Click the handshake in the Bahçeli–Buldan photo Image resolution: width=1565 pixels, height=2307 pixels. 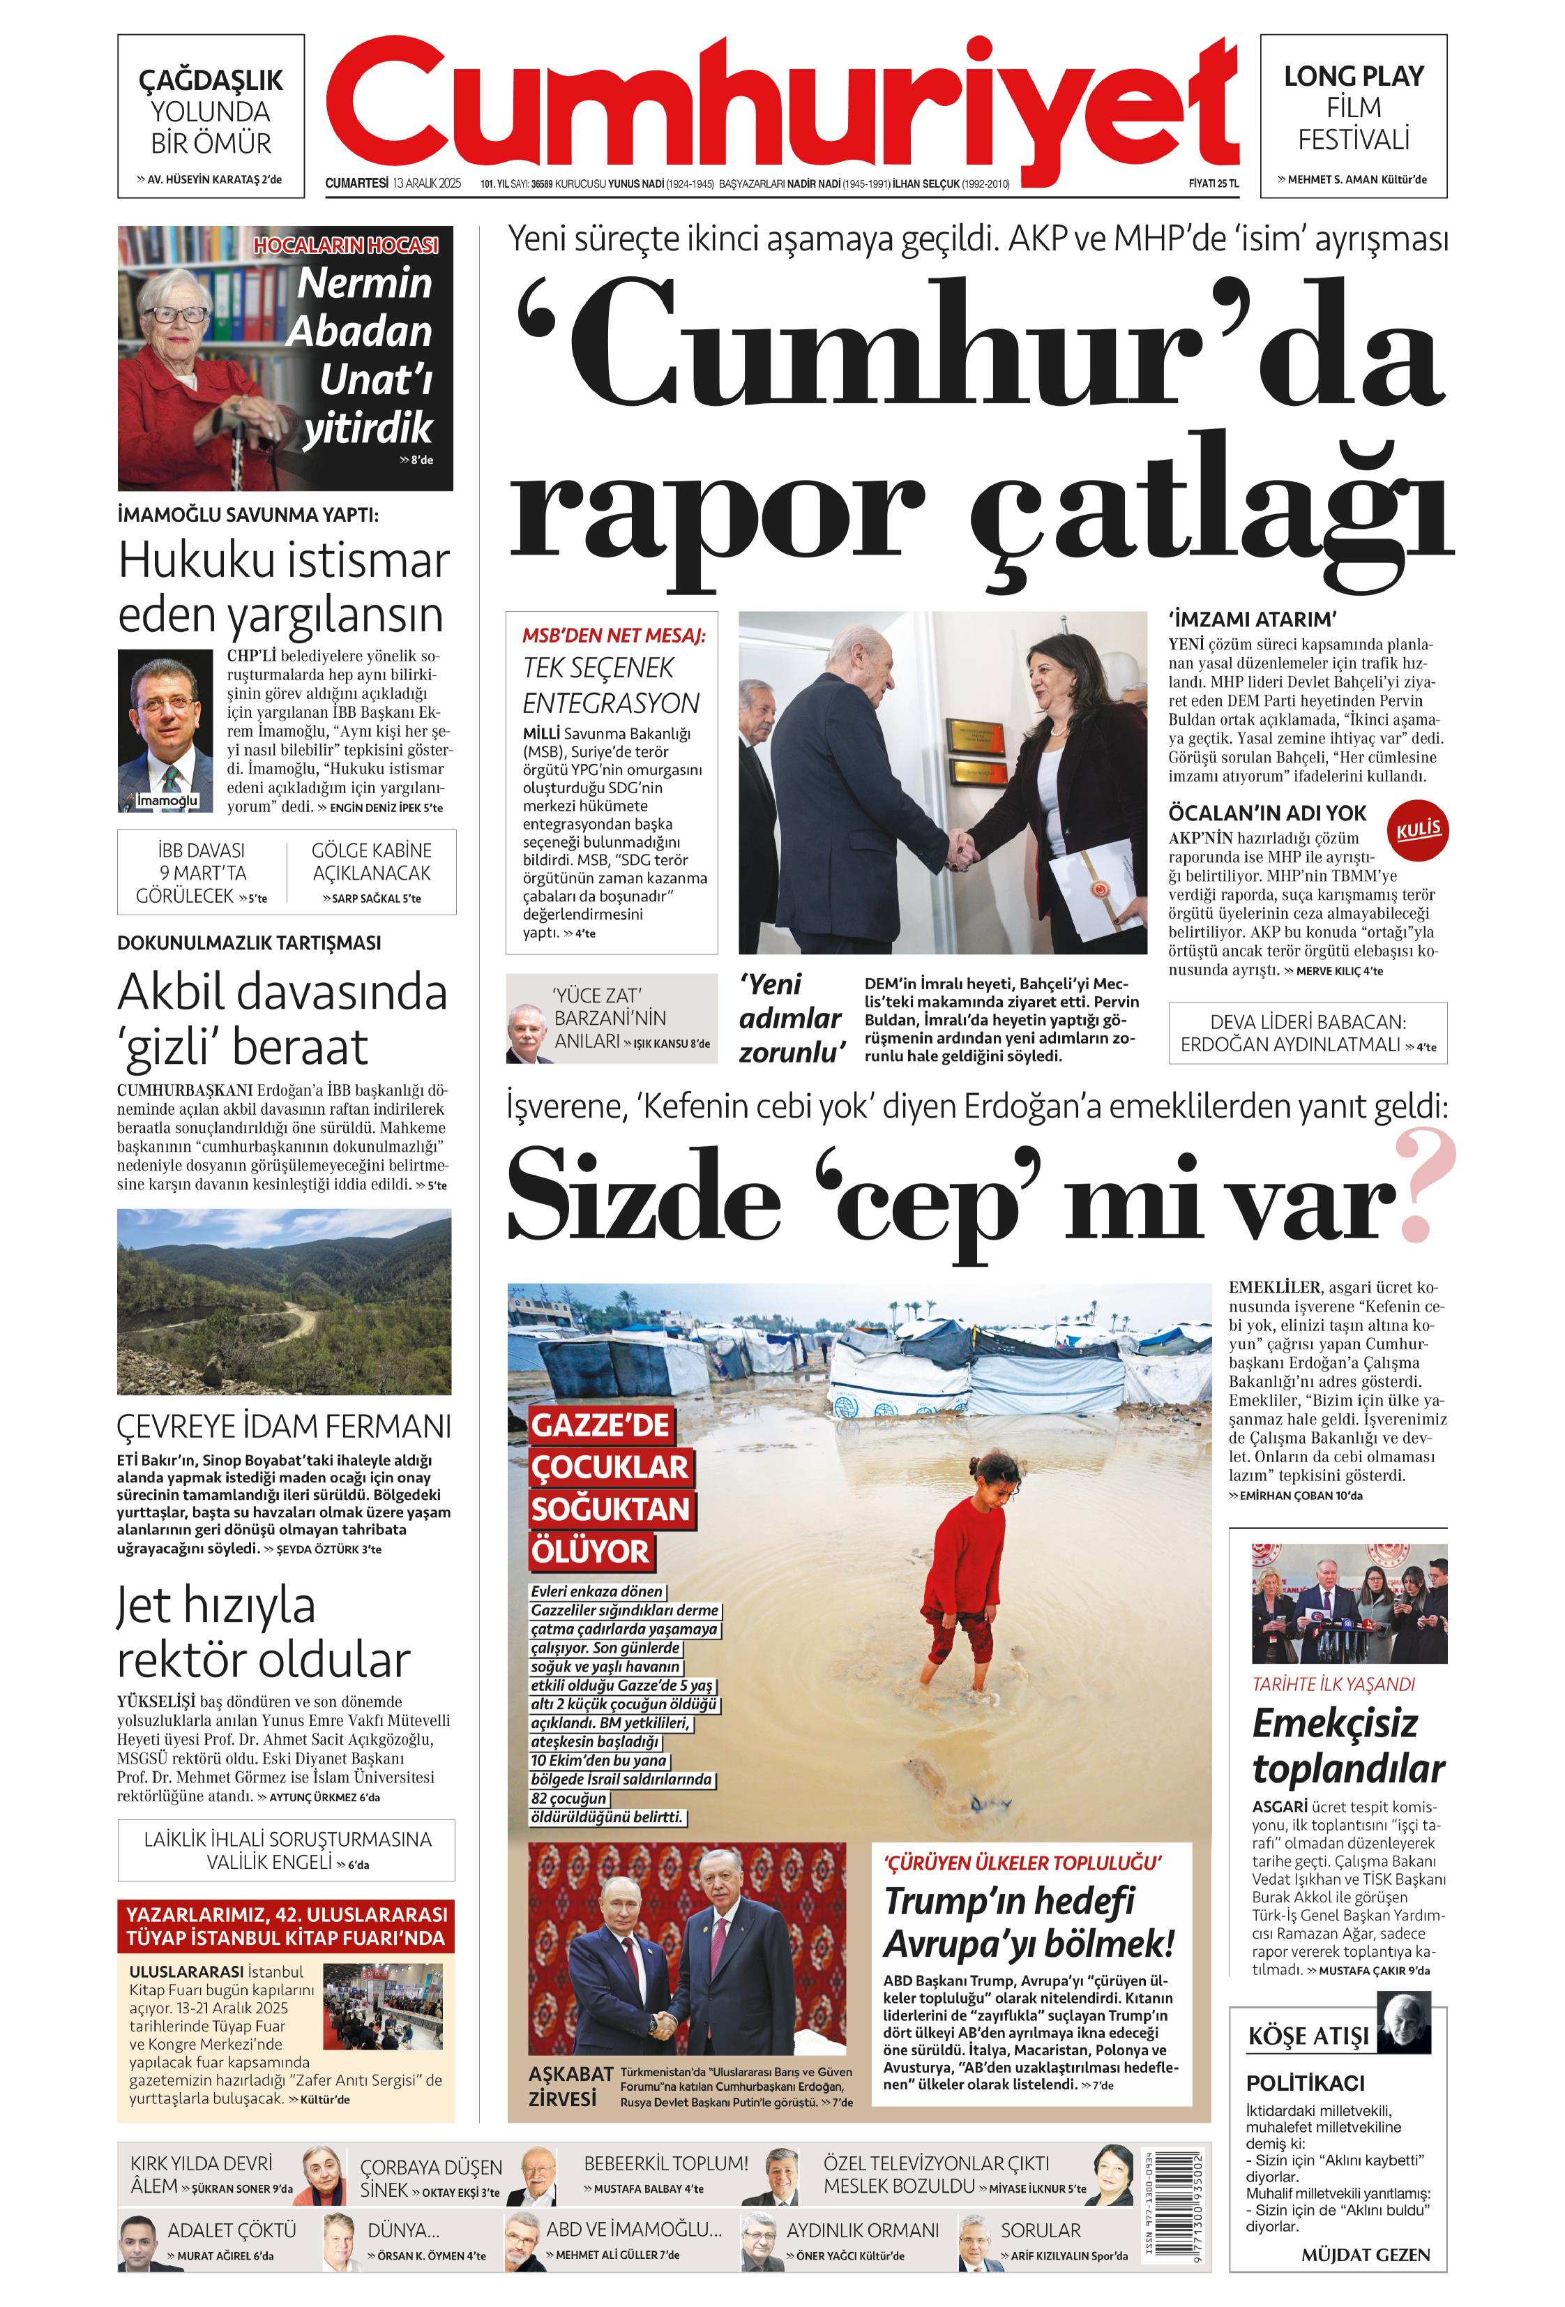[x=960, y=848]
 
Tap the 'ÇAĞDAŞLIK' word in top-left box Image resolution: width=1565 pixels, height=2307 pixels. [x=211, y=80]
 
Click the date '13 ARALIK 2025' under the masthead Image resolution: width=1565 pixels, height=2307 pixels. [x=427, y=183]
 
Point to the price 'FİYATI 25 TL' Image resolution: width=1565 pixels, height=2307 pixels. [x=1213, y=183]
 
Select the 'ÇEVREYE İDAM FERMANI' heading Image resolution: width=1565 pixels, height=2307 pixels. [x=284, y=1427]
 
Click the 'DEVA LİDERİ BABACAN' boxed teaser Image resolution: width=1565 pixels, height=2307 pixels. [x=1307, y=1033]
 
